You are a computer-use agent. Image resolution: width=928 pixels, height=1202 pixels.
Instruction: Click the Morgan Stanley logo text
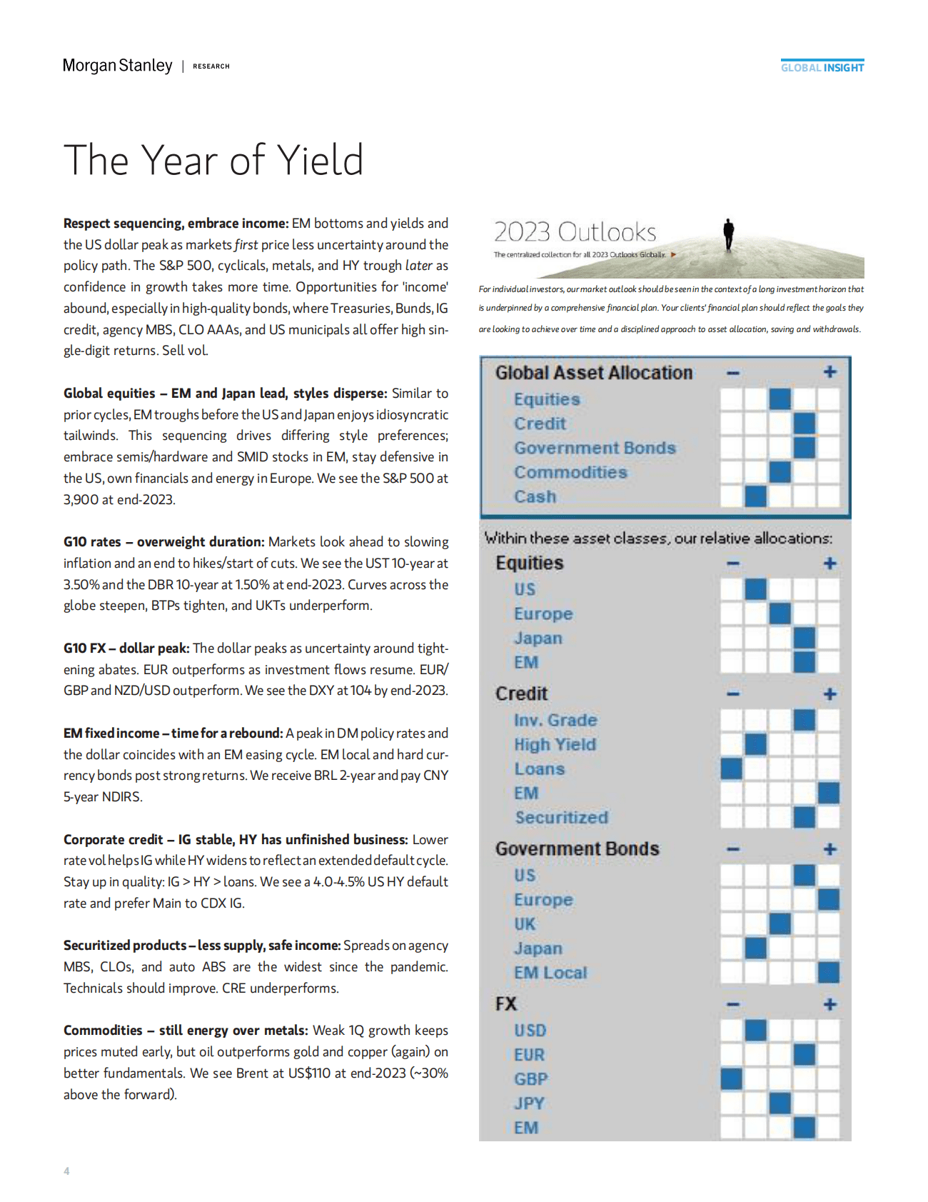118,66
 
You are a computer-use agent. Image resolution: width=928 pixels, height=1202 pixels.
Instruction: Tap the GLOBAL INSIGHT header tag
822,68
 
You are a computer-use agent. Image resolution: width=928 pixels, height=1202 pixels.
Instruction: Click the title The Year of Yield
213,160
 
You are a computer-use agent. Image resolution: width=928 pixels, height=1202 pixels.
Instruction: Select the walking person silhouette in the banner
728,234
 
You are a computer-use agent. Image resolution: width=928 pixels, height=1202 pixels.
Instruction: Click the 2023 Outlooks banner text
575,232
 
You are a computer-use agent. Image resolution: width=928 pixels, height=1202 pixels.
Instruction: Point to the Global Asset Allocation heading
593,373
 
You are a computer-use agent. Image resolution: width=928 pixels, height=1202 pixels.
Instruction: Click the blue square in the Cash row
755,496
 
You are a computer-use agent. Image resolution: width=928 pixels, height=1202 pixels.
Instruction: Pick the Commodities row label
570,472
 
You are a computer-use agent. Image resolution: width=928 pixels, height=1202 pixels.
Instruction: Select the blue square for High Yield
755,744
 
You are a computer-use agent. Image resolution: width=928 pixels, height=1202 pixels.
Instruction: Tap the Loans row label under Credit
539,769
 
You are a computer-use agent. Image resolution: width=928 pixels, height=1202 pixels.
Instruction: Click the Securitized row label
561,818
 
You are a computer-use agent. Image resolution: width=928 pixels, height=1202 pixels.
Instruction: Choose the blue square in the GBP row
732,1078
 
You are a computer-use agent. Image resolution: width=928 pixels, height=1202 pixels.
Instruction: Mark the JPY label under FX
529,1103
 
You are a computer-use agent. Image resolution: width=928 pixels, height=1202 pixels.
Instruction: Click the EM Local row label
550,973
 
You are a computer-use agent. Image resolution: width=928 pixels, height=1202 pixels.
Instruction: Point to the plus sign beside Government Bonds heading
829,849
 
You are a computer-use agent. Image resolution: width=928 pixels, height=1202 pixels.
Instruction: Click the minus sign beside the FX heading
732,1005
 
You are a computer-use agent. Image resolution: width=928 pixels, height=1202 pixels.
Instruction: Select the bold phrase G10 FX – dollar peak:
126,648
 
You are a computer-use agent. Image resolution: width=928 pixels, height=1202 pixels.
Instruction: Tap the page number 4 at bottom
66,1171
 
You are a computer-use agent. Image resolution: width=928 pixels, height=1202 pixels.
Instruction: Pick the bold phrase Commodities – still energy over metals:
186,1031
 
